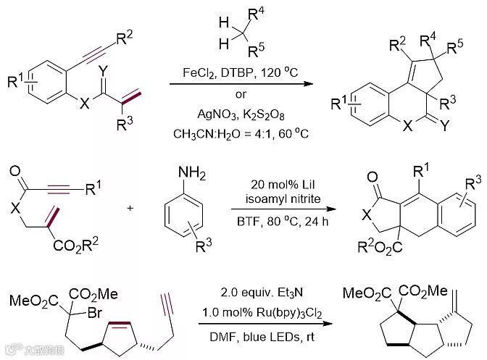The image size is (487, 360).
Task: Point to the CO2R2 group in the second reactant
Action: pyautogui.click(x=68, y=256)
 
